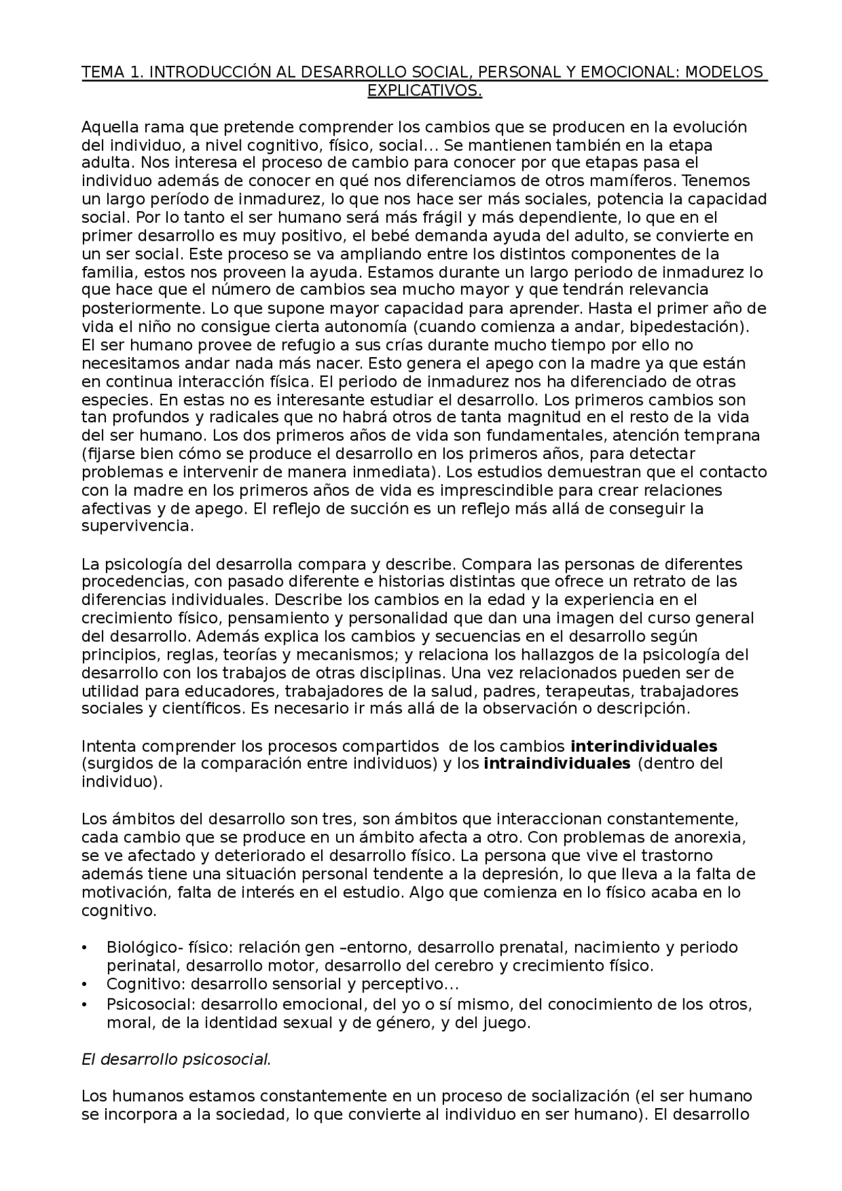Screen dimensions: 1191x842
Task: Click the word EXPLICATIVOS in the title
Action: [x=424, y=91]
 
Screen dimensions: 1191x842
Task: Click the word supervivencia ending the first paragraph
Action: [x=137, y=526]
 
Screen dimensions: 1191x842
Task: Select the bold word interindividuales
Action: [x=643, y=746]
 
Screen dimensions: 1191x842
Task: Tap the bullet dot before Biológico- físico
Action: [x=84, y=948]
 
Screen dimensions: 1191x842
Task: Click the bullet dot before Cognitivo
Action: [x=84, y=985]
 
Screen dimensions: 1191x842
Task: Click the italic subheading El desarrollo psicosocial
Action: [x=176, y=1059]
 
